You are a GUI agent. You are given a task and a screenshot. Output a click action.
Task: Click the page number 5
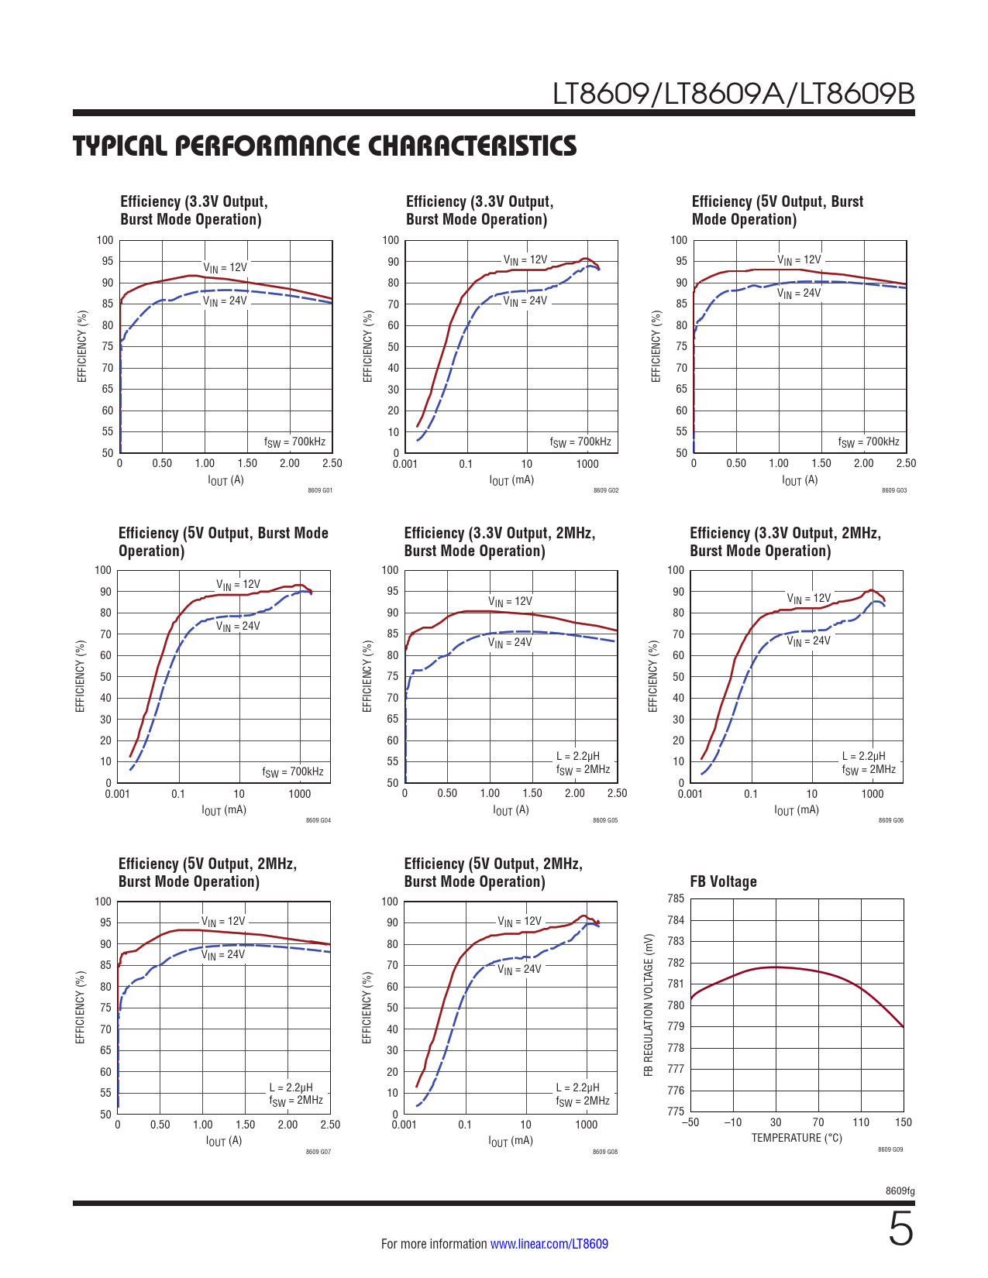click(x=900, y=1230)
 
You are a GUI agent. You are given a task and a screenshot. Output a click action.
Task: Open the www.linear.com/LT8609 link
click(x=549, y=1244)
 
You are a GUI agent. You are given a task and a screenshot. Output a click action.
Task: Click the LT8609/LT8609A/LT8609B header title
click(x=733, y=94)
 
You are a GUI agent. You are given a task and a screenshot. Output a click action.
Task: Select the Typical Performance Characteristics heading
click(x=325, y=146)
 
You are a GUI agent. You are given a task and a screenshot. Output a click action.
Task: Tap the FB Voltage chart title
click(x=723, y=881)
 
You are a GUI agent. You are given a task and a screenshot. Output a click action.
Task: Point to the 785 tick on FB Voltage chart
click(x=675, y=898)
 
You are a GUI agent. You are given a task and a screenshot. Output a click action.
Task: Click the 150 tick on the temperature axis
click(x=903, y=1122)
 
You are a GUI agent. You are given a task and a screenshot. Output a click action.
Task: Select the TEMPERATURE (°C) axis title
click(x=796, y=1138)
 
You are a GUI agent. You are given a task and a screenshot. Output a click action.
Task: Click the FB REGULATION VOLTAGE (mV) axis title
click(x=649, y=1005)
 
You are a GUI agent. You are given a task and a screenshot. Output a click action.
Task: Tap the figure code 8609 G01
click(x=319, y=490)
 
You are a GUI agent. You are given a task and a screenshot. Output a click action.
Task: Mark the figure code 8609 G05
click(x=605, y=820)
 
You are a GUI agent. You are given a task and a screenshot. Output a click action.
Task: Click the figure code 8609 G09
click(x=890, y=1149)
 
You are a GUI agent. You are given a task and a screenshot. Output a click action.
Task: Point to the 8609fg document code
click(x=900, y=1190)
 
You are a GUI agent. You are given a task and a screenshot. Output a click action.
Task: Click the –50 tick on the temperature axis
click(x=690, y=1122)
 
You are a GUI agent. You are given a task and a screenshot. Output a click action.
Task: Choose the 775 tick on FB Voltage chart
click(x=675, y=1111)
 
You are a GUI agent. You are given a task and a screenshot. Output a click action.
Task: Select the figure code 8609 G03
click(x=893, y=490)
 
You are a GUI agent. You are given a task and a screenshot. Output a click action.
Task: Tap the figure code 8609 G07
click(x=318, y=1152)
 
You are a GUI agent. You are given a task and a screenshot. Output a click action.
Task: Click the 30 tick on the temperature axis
click(x=776, y=1122)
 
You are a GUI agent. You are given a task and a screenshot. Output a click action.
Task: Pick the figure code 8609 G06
click(x=890, y=820)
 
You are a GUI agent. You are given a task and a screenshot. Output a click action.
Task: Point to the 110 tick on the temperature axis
click(x=861, y=1122)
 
